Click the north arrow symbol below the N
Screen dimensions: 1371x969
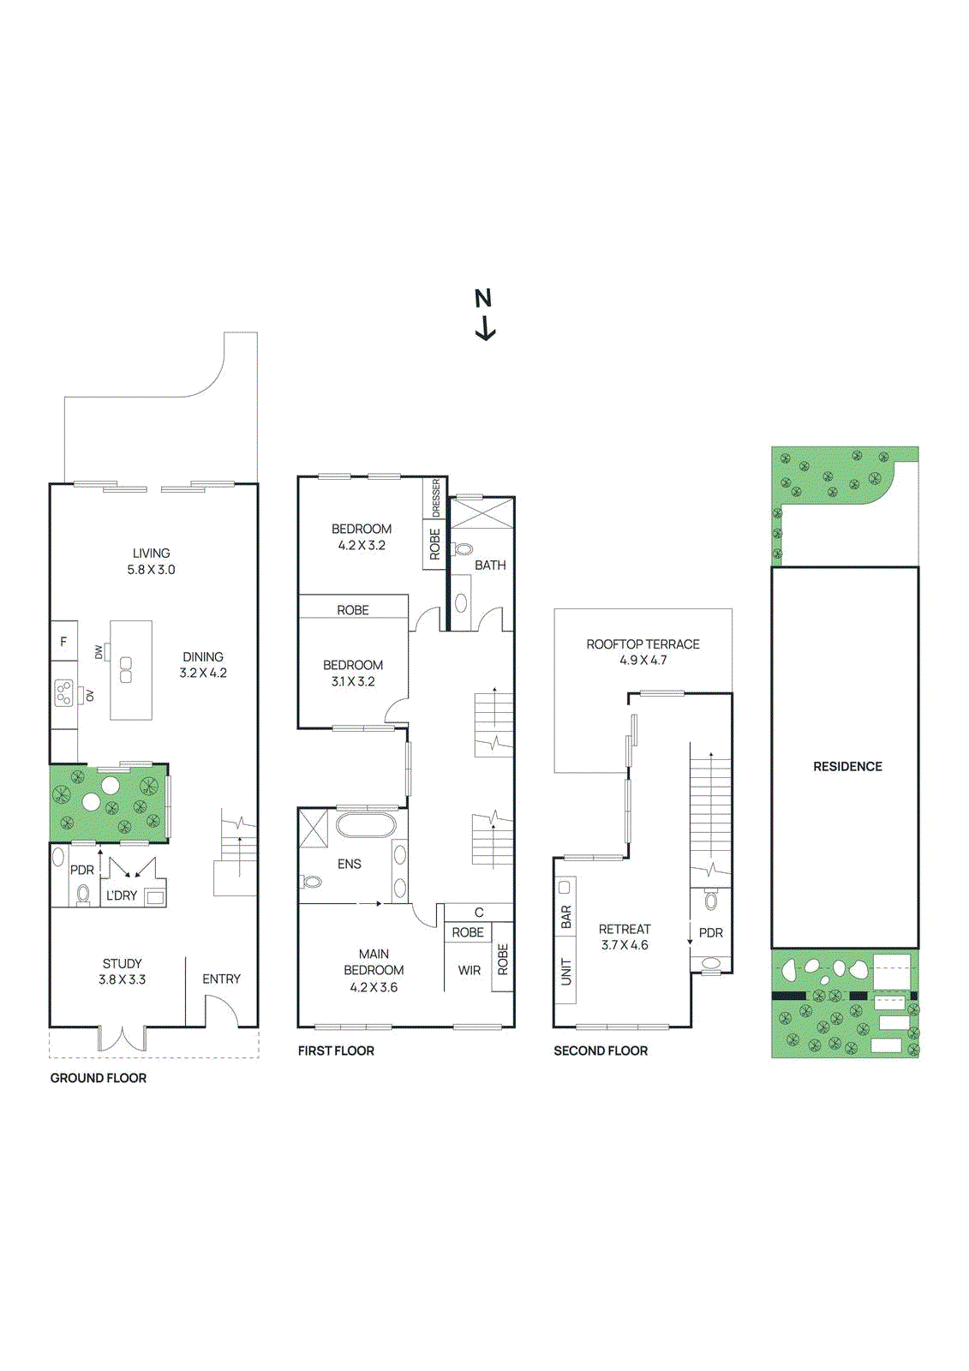pos(486,329)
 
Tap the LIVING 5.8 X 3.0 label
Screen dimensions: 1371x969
pos(151,561)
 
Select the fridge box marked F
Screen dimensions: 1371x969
pos(63,641)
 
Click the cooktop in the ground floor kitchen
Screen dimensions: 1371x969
pos(63,692)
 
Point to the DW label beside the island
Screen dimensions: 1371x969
pos(99,652)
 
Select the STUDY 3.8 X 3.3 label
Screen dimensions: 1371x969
pos(123,972)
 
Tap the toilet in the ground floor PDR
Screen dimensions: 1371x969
pos(83,894)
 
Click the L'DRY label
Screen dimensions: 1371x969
pos(121,895)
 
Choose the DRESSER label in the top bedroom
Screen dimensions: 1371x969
pos(435,498)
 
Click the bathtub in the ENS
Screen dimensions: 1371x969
pos(366,826)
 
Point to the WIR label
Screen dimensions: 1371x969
pos(469,970)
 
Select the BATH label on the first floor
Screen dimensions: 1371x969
pos(490,565)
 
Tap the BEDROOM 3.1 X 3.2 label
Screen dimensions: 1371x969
pos(353,674)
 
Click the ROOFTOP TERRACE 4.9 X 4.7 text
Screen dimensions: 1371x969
pos(643,652)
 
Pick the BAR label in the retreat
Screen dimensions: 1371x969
pos(565,917)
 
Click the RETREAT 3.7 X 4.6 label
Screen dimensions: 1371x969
pos(625,937)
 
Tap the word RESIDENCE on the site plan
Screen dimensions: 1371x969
pos(847,766)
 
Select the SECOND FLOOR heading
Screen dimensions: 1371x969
pos(601,1051)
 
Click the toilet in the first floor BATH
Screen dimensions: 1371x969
pos(463,549)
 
